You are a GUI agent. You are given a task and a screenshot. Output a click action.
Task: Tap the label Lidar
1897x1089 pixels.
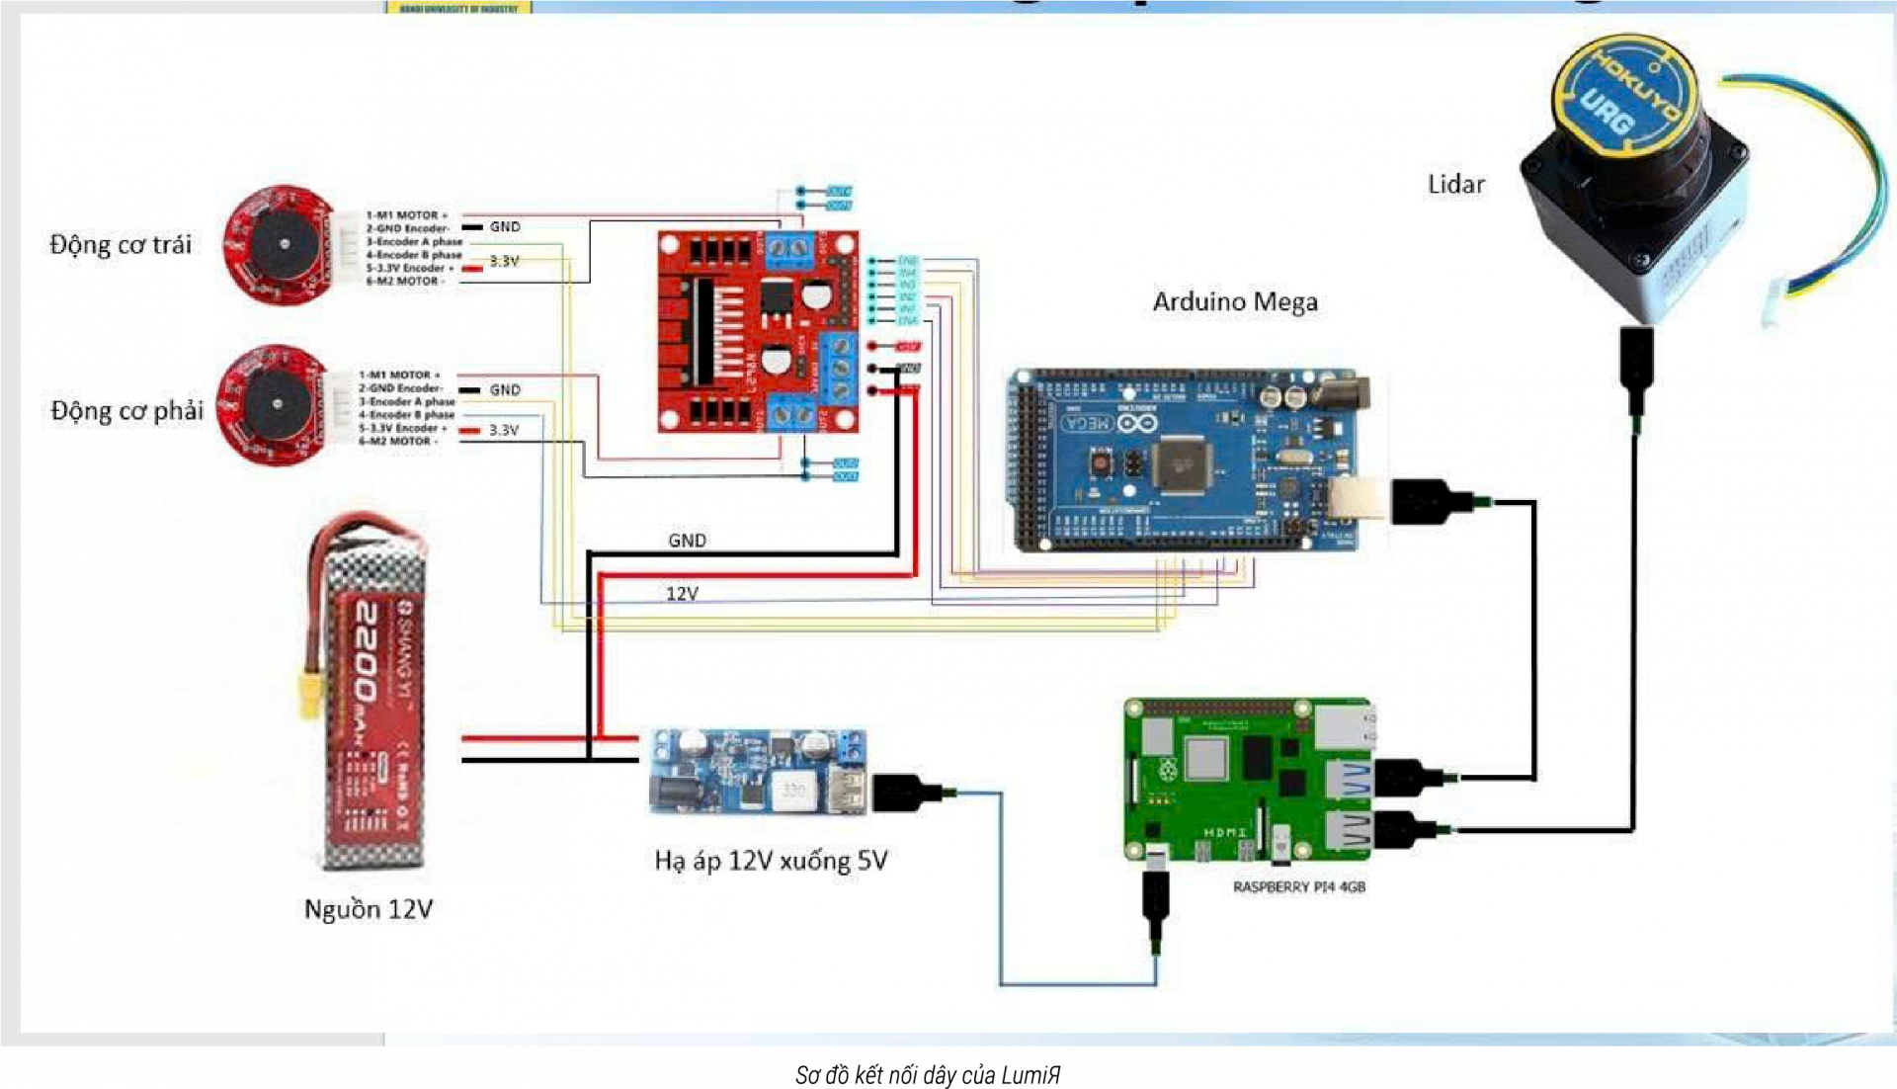(x=1455, y=185)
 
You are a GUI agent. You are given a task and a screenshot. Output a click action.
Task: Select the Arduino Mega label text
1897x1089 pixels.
(x=1235, y=301)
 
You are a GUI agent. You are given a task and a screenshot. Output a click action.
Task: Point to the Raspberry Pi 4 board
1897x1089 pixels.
(x=1249, y=781)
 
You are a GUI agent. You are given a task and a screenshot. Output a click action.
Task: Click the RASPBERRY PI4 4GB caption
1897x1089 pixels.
(x=1298, y=887)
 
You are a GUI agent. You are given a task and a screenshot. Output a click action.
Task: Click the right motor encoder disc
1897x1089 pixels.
(x=272, y=404)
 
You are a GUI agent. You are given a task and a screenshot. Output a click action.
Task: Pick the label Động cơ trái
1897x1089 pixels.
(x=121, y=244)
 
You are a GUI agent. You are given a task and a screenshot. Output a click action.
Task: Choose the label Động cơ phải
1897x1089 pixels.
(x=126, y=410)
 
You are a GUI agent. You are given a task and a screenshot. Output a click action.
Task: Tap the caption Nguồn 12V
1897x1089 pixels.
(x=368, y=909)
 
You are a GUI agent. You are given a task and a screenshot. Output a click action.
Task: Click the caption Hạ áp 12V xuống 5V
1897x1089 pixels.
(x=771, y=861)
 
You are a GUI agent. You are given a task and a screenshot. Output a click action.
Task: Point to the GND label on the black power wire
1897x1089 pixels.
(x=687, y=541)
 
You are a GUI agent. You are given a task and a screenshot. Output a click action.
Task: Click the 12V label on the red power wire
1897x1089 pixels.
(x=682, y=594)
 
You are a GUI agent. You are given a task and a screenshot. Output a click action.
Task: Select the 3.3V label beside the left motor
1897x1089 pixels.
(x=504, y=261)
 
